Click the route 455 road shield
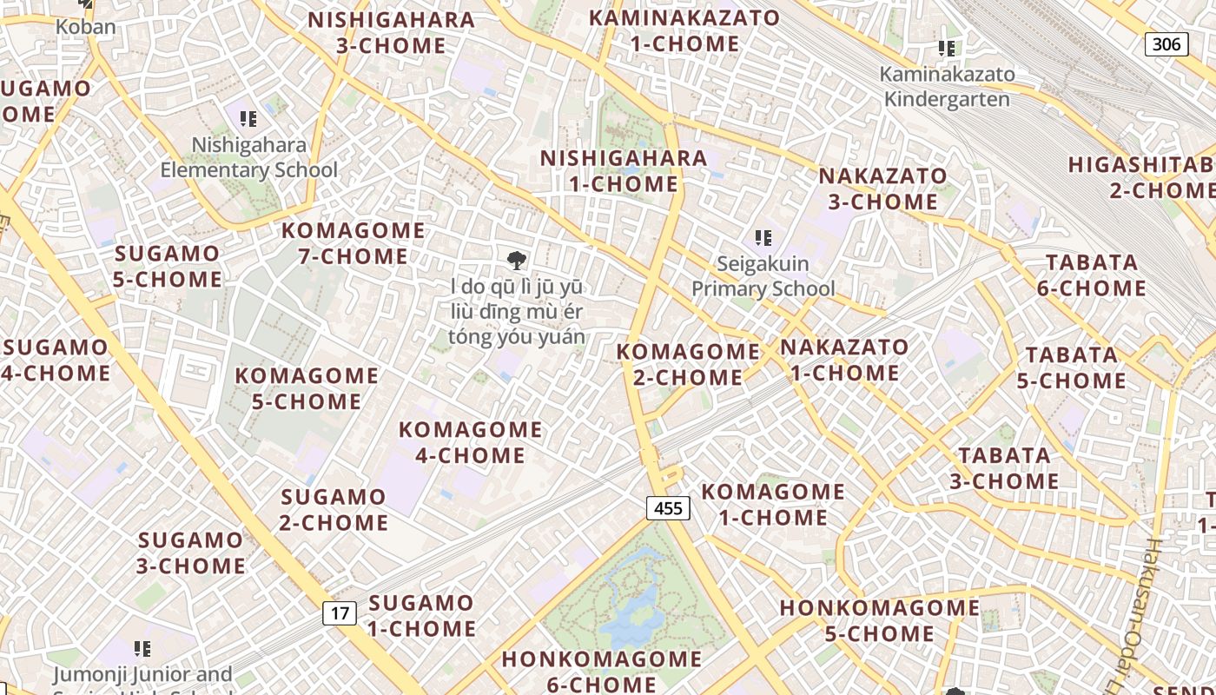668,508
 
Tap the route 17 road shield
340,613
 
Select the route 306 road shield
1166,43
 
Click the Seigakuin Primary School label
763,275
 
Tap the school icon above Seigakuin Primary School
763,237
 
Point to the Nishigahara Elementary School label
249,157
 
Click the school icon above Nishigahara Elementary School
248,119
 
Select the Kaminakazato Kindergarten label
947,87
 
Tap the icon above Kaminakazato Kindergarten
947,49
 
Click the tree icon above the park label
516,259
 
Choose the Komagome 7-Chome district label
354,243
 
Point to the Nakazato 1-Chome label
844,361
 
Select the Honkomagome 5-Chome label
880,620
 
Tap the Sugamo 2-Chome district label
334,510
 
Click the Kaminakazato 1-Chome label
684,30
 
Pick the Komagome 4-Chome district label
470,442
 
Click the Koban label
85,27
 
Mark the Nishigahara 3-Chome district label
391,32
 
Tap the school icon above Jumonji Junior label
142,648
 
